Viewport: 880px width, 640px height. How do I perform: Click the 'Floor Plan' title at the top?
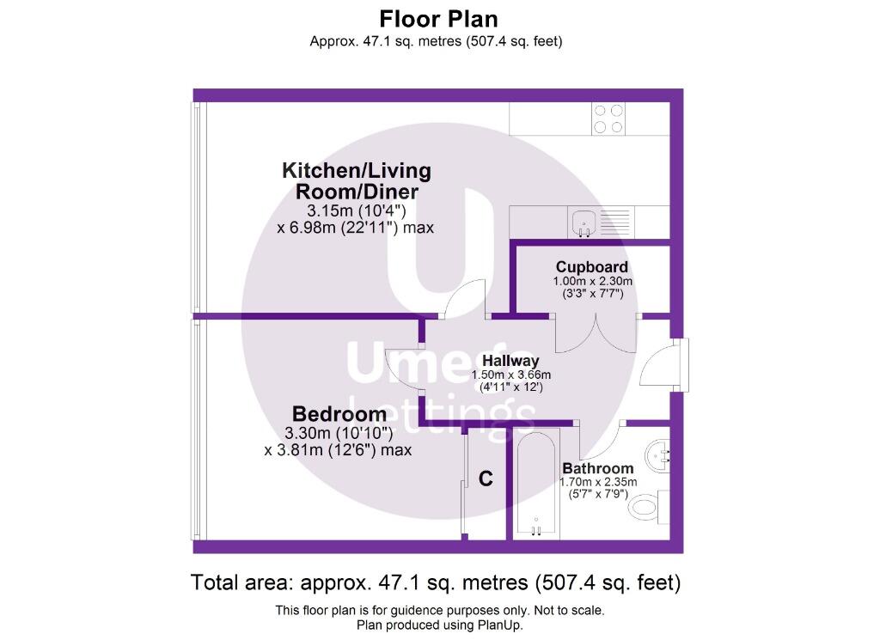tap(438, 19)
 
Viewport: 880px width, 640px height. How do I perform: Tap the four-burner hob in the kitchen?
tap(608, 119)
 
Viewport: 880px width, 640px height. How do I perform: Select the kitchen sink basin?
tap(584, 222)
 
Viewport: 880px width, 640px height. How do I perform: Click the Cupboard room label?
tap(591, 267)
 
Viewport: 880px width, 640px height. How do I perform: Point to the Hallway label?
tap(510, 361)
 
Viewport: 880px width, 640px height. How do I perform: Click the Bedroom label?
tap(339, 414)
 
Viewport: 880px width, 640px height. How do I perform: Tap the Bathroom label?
tap(598, 468)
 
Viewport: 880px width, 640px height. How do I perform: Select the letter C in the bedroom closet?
tap(486, 478)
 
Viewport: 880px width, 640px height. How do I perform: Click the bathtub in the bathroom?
tap(536, 484)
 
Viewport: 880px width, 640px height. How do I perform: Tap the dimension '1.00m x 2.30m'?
tap(593, 281)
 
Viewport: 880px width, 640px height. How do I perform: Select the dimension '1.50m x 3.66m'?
tap(510, 375)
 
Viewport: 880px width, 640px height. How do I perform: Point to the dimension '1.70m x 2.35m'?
tap(598, 482)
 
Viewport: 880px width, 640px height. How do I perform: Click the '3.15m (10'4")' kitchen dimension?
tap(356, 211)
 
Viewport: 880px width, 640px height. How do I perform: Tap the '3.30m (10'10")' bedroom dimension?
tap(339, 433)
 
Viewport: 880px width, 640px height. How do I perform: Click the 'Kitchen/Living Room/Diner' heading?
tap(357, 180)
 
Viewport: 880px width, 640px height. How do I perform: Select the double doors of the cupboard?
tap(596, 335)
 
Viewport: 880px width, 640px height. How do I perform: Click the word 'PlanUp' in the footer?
tap(499, 625)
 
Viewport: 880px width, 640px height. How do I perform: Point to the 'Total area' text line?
tap(436, 582)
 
